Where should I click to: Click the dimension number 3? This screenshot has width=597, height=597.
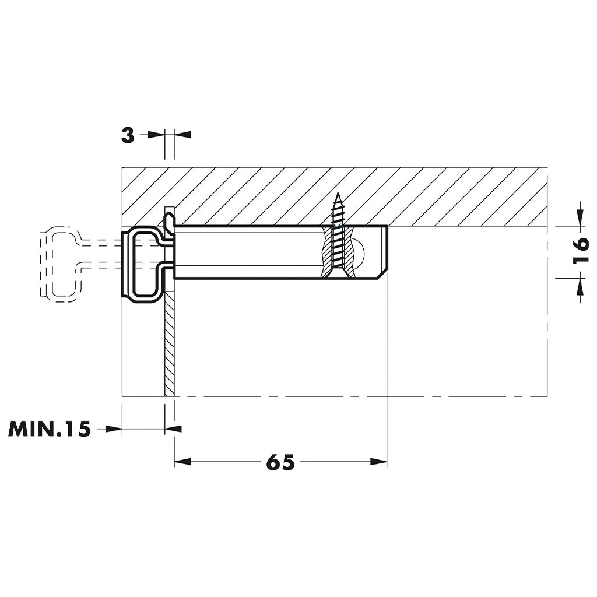tap(128, 135)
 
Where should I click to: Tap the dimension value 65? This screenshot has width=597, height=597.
tap(280, 462)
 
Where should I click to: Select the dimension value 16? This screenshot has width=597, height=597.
tap(581, 251)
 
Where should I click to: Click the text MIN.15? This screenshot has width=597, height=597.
tap(50, 429)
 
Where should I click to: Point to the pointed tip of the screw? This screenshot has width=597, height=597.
tap(338, 194)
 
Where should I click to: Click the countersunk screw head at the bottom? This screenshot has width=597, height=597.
tap(338, 272)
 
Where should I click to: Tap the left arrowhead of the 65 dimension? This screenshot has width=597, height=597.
tap(182, 462)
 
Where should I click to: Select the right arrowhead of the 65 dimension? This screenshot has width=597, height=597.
tap(378, 462)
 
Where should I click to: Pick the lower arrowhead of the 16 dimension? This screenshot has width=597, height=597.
tap(580, 286)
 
